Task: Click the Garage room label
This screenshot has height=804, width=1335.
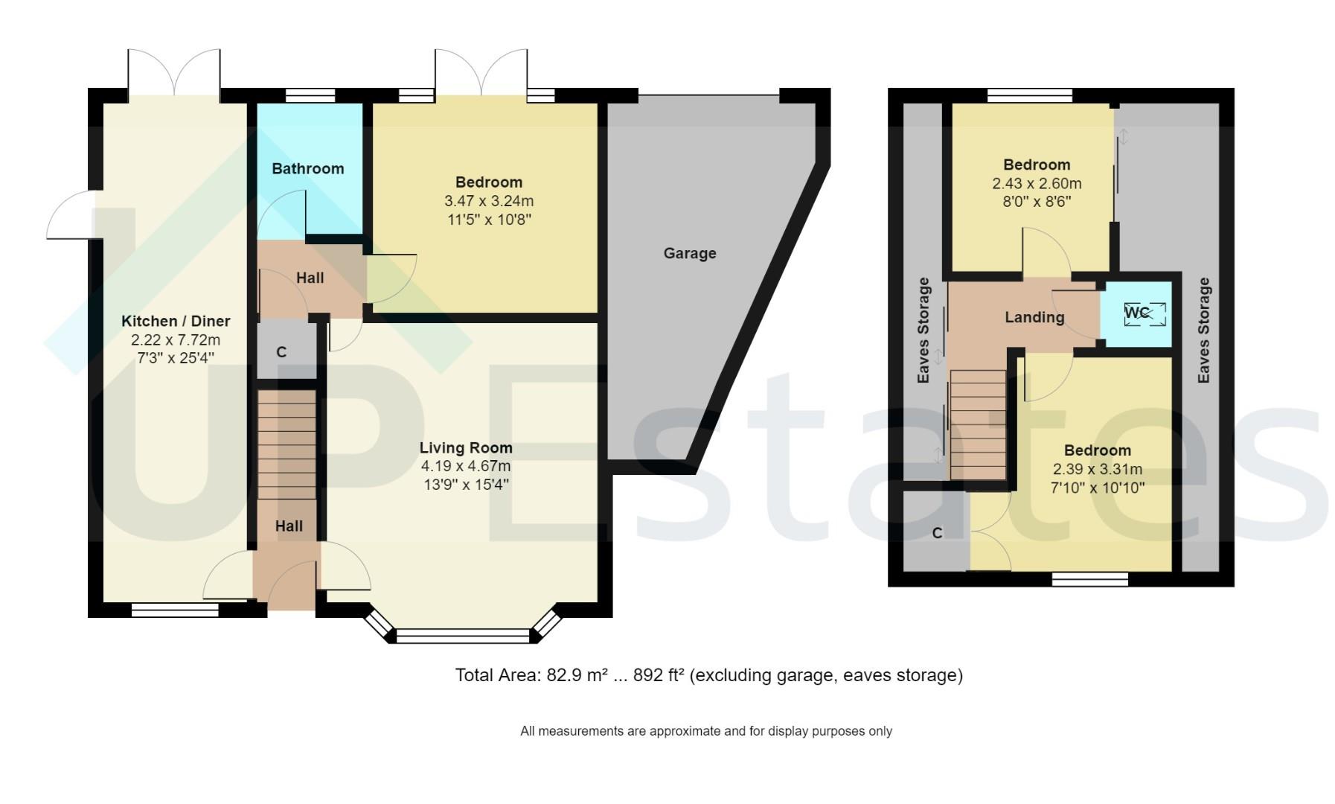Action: (x=689, y=253)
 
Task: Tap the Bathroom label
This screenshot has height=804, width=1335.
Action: (x=307, y=169)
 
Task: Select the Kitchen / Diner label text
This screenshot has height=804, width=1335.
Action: (x=176, y=321)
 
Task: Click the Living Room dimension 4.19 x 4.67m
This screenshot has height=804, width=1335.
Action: (x=465, y=467)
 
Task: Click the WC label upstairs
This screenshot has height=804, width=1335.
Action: (x=1136, y=313)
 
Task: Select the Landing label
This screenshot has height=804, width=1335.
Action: (x=1034, y=317)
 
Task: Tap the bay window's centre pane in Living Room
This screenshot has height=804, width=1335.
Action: (x=462, y=636)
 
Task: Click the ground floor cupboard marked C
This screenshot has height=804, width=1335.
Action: (x=282, y=352)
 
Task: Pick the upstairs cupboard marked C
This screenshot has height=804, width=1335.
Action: (x=936, y=533)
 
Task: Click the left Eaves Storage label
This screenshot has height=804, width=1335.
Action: (x=923, y=330)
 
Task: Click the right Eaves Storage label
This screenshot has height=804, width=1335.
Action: (x=1203, y=330)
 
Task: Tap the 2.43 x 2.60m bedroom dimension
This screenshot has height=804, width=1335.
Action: (x=1036, y=183)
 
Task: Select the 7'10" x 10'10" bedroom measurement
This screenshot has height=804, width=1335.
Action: (x=1097, y=488)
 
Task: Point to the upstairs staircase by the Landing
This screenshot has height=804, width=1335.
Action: (x=978, y=424)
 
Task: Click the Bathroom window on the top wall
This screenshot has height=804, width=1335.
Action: (x=310, y=95)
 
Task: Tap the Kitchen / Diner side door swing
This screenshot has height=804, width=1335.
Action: (x=71, y=216)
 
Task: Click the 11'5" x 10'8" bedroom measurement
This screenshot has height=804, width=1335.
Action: (x=488, y=220)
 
